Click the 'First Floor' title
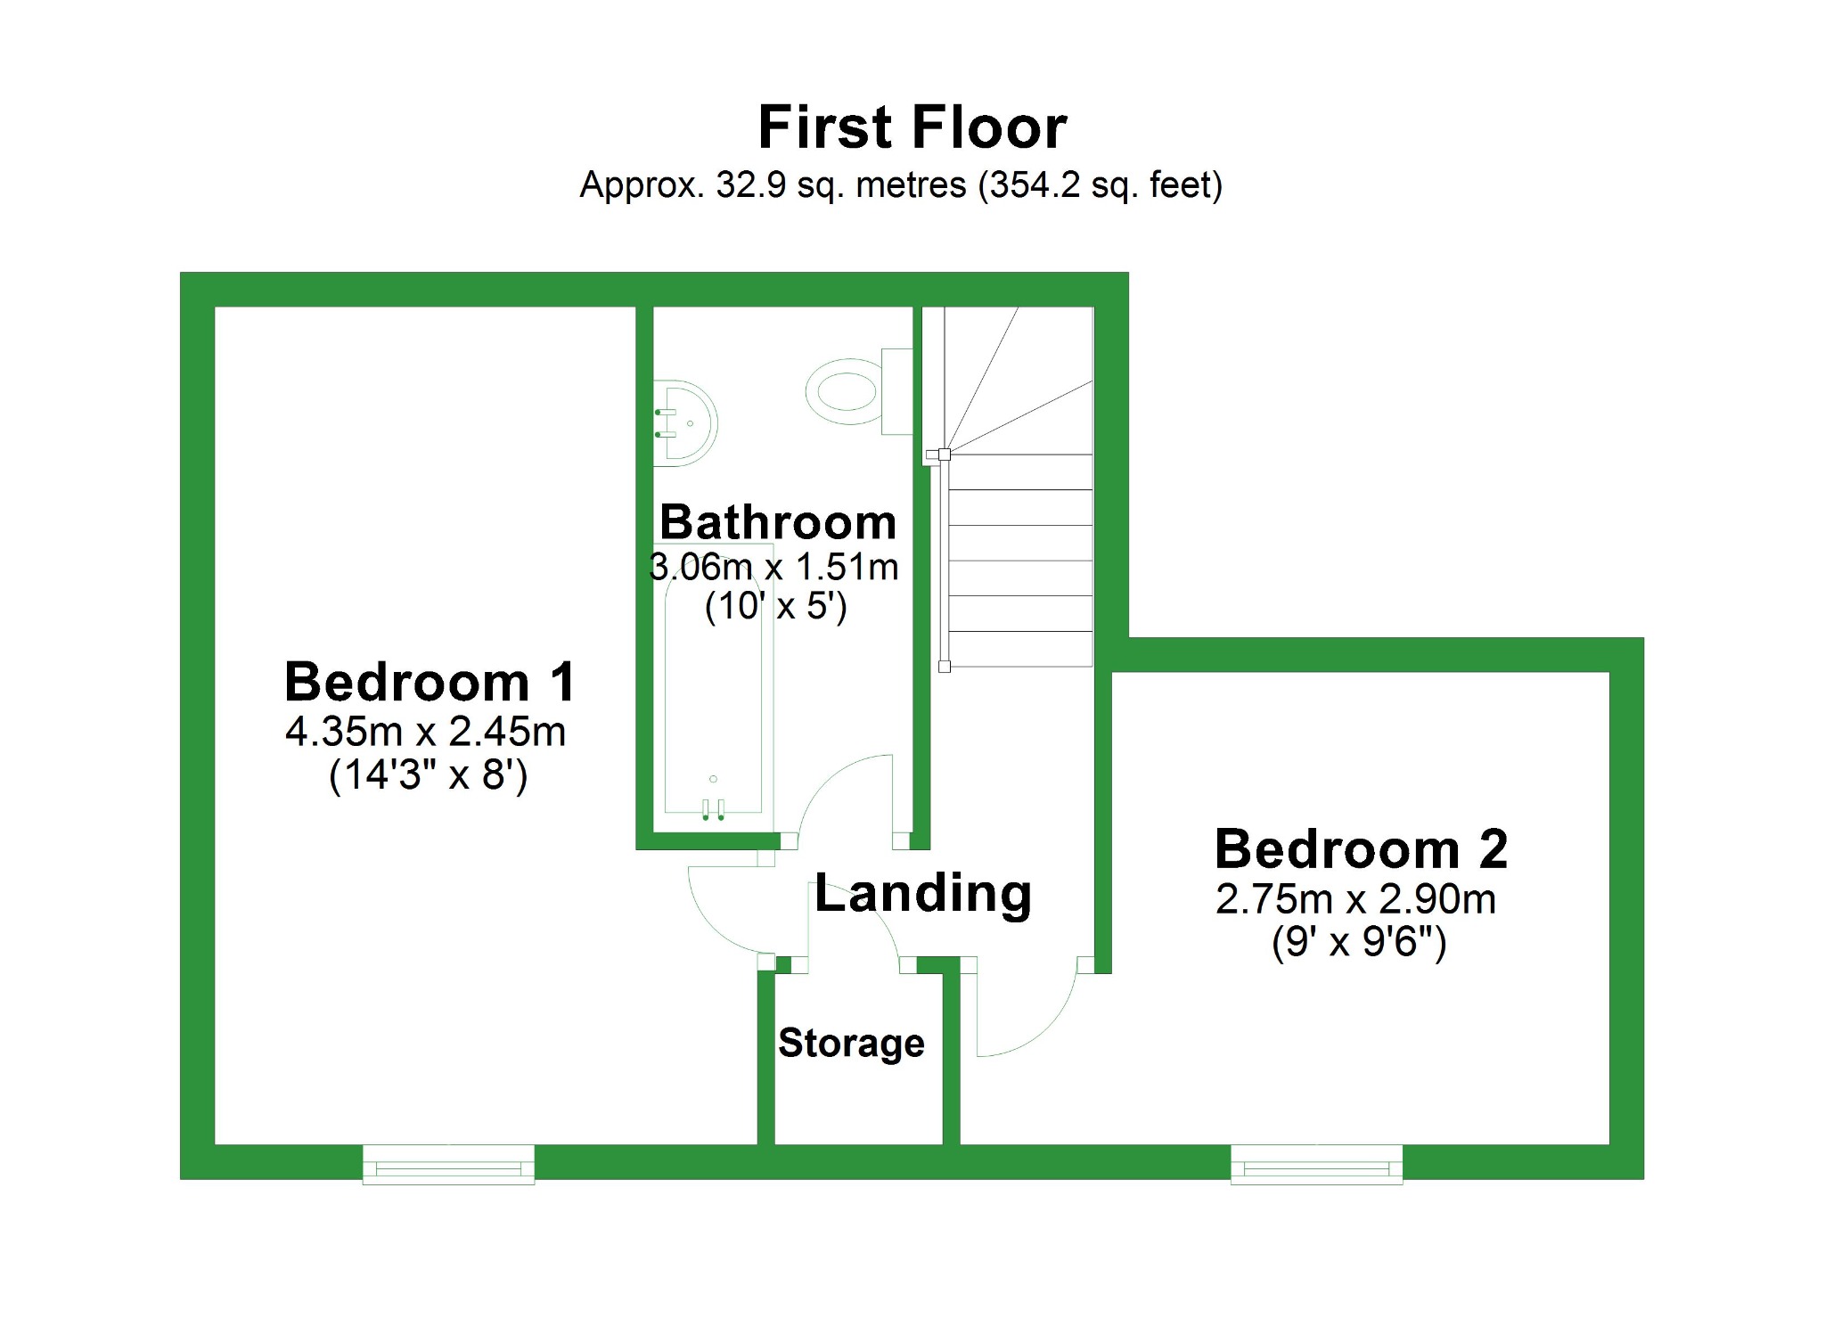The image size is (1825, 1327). pos(912,127)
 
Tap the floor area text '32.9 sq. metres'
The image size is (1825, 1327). pos(840,185)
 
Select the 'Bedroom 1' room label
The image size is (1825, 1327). pos(430,683)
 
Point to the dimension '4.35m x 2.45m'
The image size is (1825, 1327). pos(426,732)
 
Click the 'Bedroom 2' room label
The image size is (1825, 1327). pos(1361,848)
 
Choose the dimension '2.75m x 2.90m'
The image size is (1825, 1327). pos(1355,899)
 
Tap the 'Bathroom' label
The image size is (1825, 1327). pos(778,522)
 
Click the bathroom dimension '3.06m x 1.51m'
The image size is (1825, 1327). pos(774,567)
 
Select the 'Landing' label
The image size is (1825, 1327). pos(922,893)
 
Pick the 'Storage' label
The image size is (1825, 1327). pos(851,1043)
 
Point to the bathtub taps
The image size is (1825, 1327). pos(713,809)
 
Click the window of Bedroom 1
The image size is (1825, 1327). pos(448,1165)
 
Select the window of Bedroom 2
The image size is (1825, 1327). pos(1316,1165)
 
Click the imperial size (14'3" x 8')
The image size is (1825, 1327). pos(429,775)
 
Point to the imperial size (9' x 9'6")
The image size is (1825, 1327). pos(1359,942)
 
